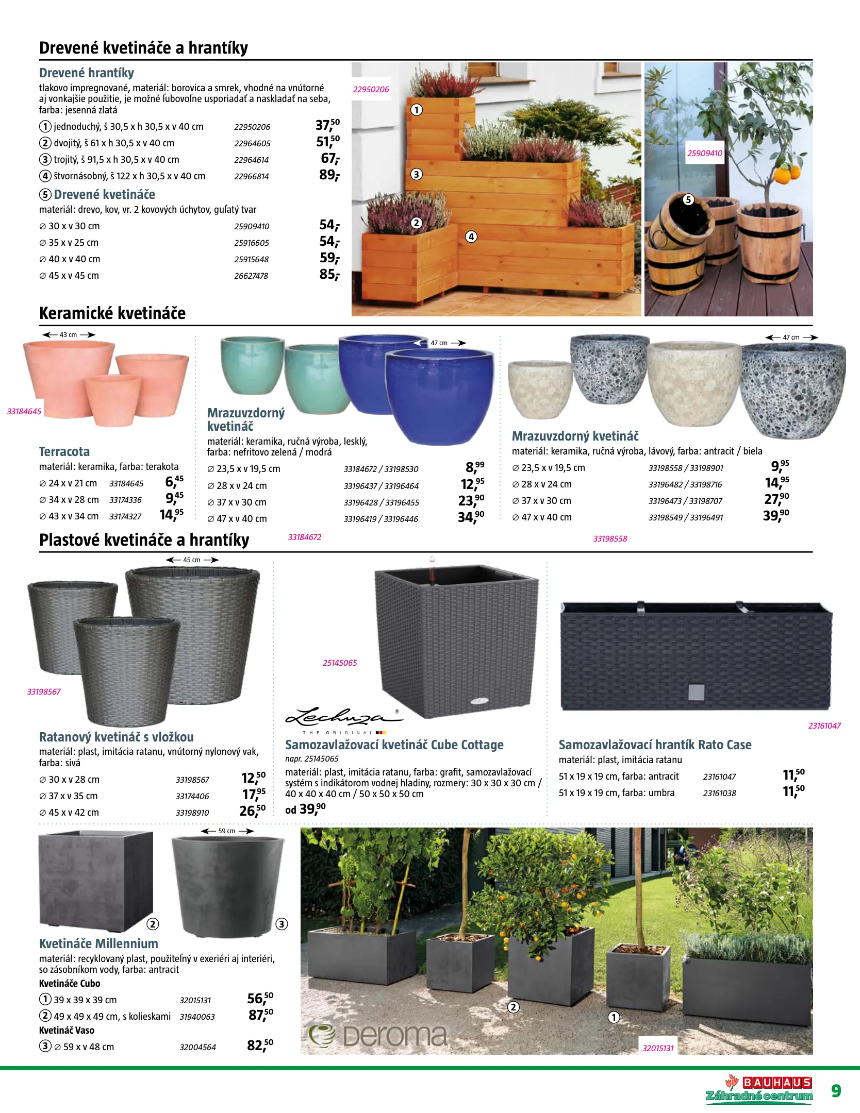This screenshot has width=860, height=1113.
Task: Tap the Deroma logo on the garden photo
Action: [x=379, y=1036]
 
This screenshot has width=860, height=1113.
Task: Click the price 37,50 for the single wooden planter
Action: [x=327, y=125]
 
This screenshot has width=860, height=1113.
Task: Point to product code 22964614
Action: [x=251, y=160]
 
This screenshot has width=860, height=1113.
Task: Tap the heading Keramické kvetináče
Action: [x=112, y=313]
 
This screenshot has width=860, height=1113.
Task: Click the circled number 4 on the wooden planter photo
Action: [x=471, y=237]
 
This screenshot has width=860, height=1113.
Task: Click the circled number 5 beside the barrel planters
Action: [x=688, y=200]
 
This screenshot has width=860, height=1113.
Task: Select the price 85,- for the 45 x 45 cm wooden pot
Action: [x=329, y=275]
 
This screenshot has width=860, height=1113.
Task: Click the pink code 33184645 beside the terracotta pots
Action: [x=24, y=411]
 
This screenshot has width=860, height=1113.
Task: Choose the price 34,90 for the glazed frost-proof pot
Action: [x=471, y=517]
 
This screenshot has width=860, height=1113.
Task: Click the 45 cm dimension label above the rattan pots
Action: [x=192, y=560]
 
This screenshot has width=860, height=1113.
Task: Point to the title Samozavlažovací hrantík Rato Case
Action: [x=655, y=745]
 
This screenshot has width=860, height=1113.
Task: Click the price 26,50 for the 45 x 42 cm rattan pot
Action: [x=252, y=811]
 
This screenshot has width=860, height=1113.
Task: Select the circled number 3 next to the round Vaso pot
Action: [x=282, y=924]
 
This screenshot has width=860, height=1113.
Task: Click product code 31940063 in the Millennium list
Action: [x=197, y=1017]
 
